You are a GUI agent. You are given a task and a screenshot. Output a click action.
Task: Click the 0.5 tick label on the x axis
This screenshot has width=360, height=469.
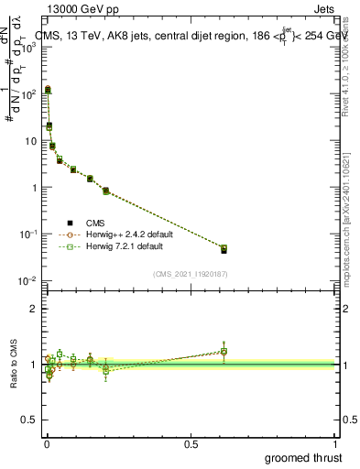click(x=191, y=443)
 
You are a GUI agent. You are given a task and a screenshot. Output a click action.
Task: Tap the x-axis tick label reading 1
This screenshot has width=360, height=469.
click(x=337, y=443)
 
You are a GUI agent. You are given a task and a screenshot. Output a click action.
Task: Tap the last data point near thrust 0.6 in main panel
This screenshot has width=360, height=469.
click(x=224, y=248)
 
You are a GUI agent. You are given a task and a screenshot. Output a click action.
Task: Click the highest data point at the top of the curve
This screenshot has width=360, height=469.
click(x=48, y=90)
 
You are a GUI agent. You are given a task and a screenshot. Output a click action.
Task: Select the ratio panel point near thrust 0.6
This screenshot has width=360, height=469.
click(x=224, y=351)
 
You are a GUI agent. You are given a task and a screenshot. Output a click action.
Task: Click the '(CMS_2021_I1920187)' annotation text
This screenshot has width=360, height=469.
click(x=191, y=272)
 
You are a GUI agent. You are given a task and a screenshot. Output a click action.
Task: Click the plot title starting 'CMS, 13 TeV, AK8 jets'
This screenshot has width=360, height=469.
click(x=183, y=37)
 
